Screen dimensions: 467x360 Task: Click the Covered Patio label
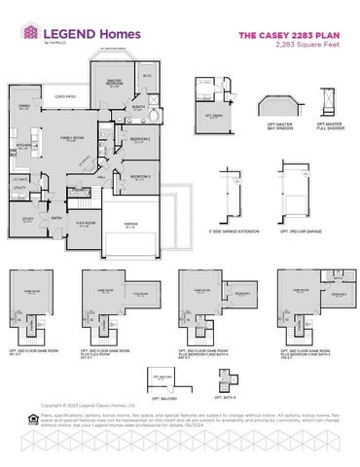click(66, 98)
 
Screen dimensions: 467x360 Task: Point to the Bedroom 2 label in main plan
click(139, 141)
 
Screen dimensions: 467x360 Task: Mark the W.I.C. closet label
click(145, 77)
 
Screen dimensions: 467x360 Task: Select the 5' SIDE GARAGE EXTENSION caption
click(236, 231)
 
